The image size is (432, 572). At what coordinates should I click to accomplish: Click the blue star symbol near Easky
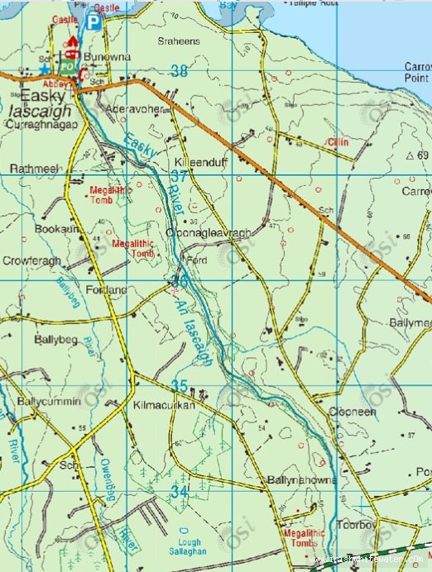pyautogui.click(x=44, y=69)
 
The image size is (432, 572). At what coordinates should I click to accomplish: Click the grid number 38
pyautogui.click(x=178, y=72)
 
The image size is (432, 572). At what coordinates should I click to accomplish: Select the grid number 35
pyautogui.click(x=180, y=385)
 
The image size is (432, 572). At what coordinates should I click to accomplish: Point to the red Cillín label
pyautogui.click(x=338, y=142)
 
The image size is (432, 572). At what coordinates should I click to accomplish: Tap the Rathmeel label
pyautogui.click(x=35, y=169)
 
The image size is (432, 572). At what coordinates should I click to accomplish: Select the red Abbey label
pyautogui.click(x=65, y=83)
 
